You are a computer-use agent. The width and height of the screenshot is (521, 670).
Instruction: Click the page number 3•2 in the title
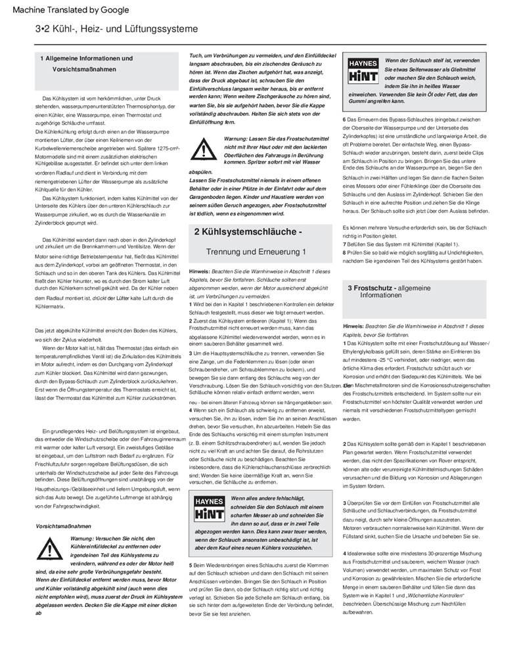click(44, 30)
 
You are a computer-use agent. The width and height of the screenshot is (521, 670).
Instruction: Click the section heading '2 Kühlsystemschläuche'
click(248, 232)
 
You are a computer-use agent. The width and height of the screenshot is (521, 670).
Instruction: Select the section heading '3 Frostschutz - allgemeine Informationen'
click(389, 291)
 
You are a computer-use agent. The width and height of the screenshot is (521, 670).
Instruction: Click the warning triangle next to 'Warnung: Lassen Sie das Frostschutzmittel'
click(206, 150)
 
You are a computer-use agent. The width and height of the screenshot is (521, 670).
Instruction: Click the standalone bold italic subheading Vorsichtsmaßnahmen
click(63, 526)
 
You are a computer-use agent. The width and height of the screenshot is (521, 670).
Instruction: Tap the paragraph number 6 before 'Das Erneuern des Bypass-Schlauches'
click(344, 119)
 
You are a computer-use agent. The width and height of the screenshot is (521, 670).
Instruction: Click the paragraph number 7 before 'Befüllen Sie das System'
click(344, 244)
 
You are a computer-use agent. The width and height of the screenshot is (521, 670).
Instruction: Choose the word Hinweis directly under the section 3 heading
click(353, 326)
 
